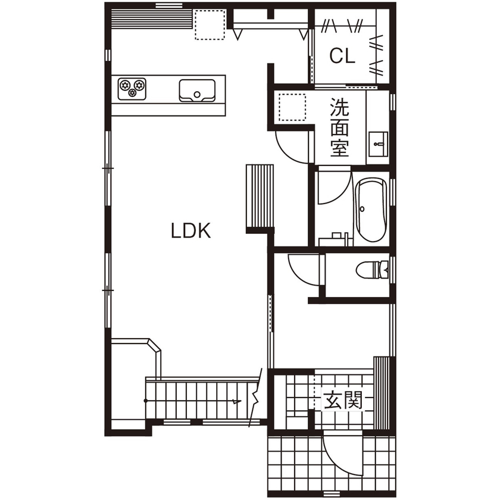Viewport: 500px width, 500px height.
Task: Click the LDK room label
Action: (x=191, y=230)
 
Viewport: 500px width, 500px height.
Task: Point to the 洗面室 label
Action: (x=339, y=127)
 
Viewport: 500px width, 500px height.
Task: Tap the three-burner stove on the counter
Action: (x=132, y=88)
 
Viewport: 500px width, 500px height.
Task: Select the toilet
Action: (x=373, y=271)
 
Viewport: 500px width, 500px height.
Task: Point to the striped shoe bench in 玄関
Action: (x=380, y=393)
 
